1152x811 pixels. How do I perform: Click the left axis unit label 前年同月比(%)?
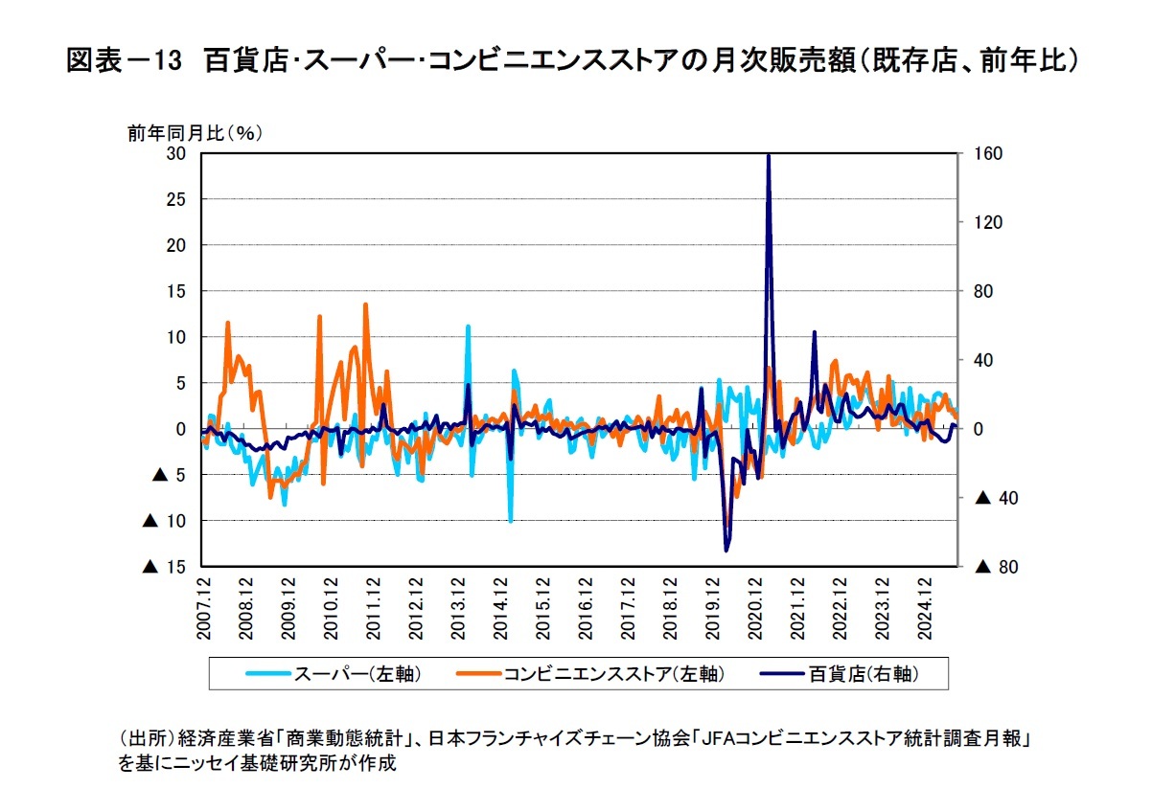pyautogui.click(x=195, y=133)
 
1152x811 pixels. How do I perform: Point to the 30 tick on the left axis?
pyautogui.click(x=175, y=153)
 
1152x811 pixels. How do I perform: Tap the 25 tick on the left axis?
pyautogui.click(x=175, y=199)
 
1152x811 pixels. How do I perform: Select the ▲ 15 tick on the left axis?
pyautogui.click(x=164, y=567)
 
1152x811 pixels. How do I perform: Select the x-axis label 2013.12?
pyautogui.click(x=457, y=600)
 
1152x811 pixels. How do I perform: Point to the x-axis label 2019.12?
pyautogui.click(x=710, y=600)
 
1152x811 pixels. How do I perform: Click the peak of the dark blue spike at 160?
pyautogui.click(x=769, y=155)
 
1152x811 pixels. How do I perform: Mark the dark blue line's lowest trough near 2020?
pyautogui.click(x=726, y=551)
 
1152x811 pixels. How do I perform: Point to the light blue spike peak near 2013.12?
pyautogui.click(x=468, y=326)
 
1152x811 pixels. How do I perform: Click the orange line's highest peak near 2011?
pyautogui.click(x=365, y=304)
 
